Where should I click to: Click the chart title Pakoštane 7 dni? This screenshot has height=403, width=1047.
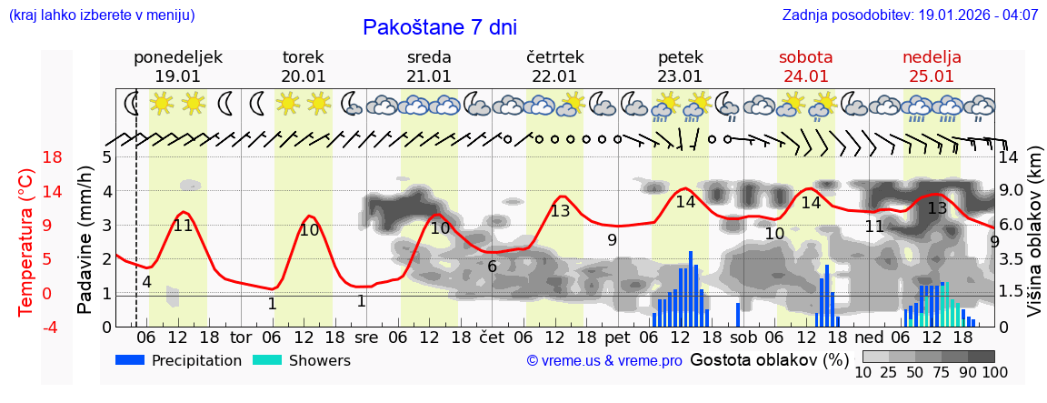[x=439, y=27]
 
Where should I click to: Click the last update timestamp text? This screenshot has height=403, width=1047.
[x=910, y=15]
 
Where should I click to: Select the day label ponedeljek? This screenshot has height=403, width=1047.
[x=177, y=57]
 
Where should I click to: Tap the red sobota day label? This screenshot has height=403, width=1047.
[x=805, y=57]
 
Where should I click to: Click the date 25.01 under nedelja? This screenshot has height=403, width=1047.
[x=932, y=76]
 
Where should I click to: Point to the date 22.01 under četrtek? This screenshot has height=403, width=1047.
[x=554, y=76]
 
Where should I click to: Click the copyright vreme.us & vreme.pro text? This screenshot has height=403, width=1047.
[x=604, y=360]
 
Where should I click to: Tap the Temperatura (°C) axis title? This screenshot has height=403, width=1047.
[x=26, y=241]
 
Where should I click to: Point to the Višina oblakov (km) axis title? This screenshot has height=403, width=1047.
[x=1034, y=241]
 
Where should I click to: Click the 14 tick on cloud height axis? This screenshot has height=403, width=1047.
[x=1008, y=157]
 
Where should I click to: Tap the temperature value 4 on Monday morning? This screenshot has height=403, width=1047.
[x=146, y=282]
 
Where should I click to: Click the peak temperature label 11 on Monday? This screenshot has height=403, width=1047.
[x=183, y=226]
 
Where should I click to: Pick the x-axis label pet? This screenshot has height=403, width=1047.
[x=617, y=337]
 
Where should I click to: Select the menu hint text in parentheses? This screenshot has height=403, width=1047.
[x=102, y=15]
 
